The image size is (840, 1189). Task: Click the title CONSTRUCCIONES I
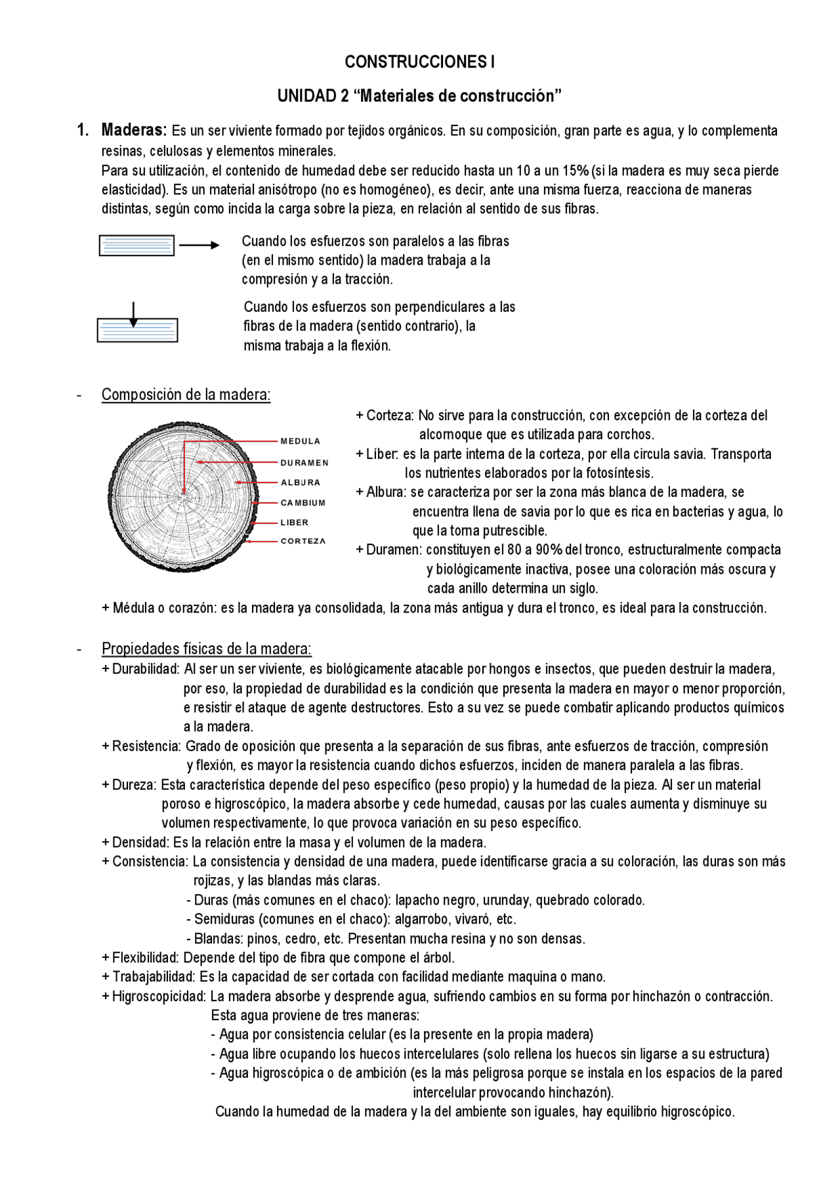click(419, 62)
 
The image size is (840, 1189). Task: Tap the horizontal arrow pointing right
click(199, 246)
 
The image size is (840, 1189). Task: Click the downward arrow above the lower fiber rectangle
click(133, 314)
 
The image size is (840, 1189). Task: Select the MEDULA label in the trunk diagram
click(301, 441)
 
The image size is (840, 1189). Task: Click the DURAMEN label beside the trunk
click(304, 463)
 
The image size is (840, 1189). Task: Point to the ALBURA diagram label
click(301, 483)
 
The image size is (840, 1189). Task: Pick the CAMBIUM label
click(303, 503)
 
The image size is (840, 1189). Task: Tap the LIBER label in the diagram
click(294, 523)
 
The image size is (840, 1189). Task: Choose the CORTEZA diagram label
click(303, 542)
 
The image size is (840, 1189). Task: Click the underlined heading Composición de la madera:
click(186, 395)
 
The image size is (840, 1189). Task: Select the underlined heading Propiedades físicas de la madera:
click(206, 649)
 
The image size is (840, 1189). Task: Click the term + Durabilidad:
click(140, 669)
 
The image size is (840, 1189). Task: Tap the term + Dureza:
click(129, 785)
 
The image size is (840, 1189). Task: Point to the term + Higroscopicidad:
click(154, 996)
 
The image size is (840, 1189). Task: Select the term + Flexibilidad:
click(140, 957)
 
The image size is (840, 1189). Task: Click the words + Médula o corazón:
click(159, 608)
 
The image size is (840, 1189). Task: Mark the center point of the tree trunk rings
click(184, 494)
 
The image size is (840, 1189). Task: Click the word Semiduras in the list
click(224, 919)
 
